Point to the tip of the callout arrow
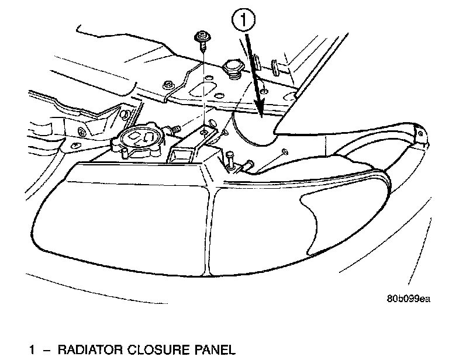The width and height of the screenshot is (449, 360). point(263,111)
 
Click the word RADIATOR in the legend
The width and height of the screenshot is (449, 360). point(89,351)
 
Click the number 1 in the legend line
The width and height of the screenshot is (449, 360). point(33,351)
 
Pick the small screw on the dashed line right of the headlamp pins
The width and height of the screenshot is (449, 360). point(283,153)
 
